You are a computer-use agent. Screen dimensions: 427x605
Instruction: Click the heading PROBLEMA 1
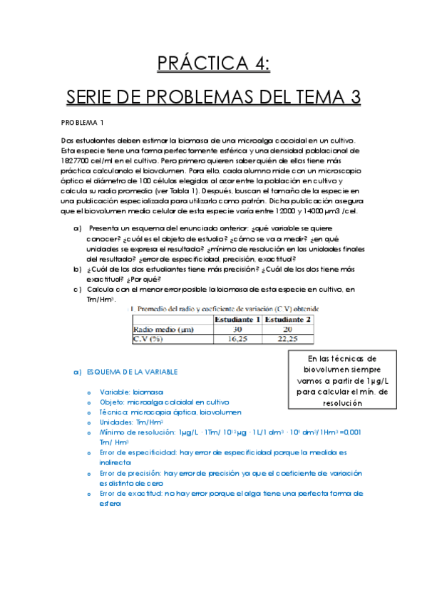[x=83, y=122]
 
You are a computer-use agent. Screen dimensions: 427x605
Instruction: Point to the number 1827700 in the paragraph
[x=76, y=161]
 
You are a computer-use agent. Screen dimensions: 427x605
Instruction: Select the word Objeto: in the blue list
[x=112, y=402]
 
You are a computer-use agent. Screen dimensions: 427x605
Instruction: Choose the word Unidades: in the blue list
[x=116, y=422]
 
